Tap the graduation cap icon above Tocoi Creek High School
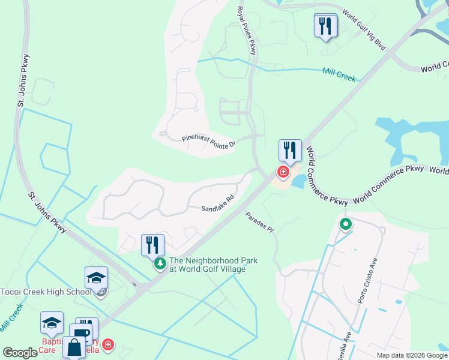point(96,278)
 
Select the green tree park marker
point(160,264)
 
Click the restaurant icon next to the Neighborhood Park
point(152,245)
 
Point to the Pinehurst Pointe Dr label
point(209,142)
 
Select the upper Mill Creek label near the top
point(339,75)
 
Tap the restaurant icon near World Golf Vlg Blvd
point(325,25)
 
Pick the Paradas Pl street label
point(259,222)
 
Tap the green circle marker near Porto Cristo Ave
point(345,226)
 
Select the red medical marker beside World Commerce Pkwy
point(283,172)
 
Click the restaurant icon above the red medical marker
point(290,151)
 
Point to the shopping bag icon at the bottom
point(74,347)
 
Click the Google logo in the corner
point(20,353)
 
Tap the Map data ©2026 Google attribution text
point(412,355)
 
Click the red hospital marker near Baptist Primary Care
point(107,345)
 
